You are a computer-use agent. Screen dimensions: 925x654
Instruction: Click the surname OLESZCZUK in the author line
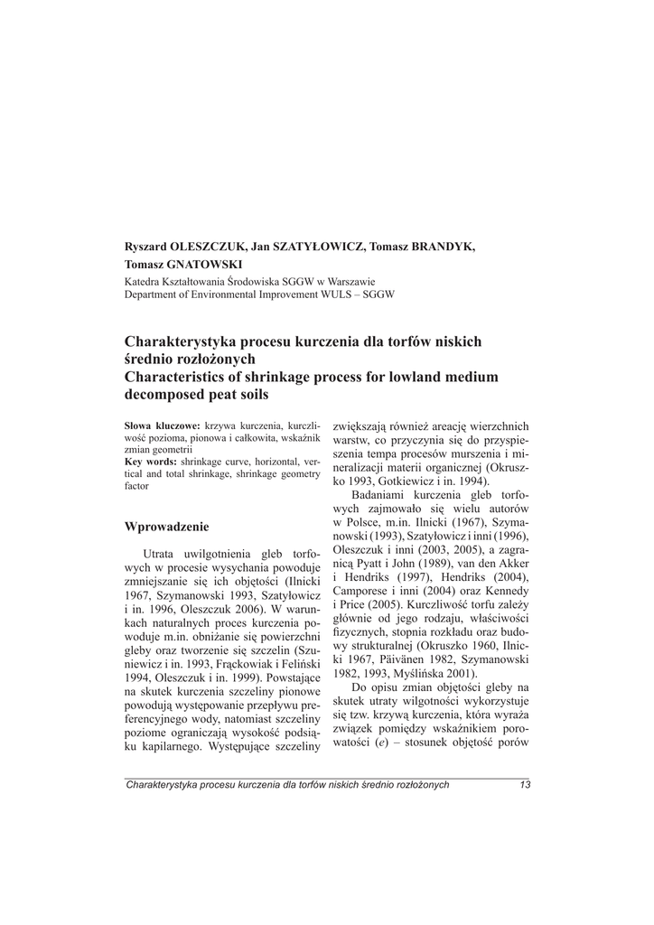tap(202, 248)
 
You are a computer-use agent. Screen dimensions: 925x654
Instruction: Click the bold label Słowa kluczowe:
tap(162, 425)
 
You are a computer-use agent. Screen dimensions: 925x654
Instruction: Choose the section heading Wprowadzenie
tap(166, 526)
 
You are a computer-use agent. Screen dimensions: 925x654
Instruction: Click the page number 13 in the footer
tap(525, 784)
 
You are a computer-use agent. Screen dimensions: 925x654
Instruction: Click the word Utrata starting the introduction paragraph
tap(161, 553)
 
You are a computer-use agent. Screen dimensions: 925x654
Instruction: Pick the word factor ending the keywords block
tap(136, 486)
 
